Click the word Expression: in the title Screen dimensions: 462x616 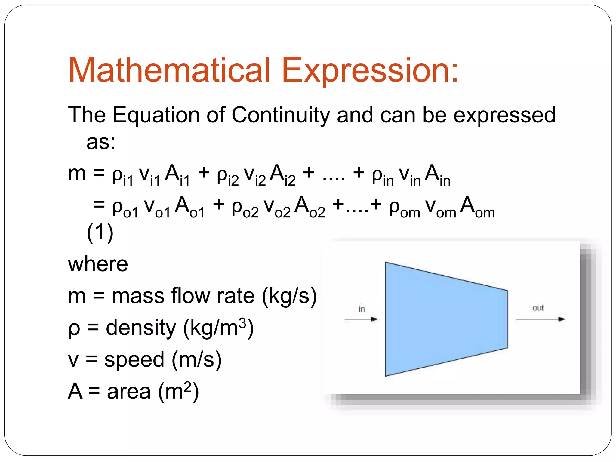[x=370, y=71]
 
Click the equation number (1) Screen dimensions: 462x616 [x=100, y=232]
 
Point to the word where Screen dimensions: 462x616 [x=98, y=264]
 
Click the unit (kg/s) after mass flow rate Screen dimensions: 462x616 [x=289, y=296]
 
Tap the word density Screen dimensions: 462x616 [x=141, y=328]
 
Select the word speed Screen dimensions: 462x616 [x=134, y=359]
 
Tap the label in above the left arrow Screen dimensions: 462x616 [x=362, y=309]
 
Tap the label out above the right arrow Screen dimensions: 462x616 [x=538, y=308]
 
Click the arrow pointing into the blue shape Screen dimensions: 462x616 [x=361, y=319]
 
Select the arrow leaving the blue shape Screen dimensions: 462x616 [x=540, y=319]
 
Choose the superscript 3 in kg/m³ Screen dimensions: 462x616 [x=242, y=323]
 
